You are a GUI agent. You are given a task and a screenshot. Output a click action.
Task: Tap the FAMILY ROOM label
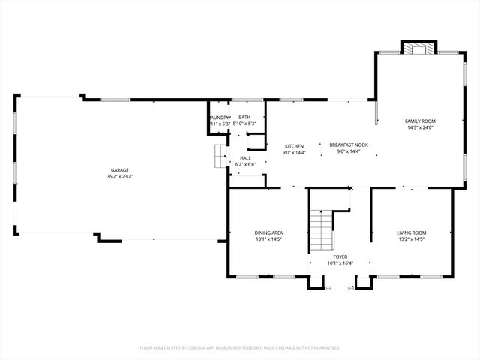click(420, 121)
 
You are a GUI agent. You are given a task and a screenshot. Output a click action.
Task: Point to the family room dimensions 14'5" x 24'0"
click(420, 127)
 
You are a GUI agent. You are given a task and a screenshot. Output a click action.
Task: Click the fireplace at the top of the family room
click(418, 48)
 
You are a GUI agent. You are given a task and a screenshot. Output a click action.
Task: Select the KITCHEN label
click(293, 145)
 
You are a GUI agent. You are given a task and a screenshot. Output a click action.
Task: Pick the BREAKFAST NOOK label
click(349, 145)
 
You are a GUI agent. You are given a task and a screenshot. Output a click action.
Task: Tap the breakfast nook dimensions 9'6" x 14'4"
click(349, 152)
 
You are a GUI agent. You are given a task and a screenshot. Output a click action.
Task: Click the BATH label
click(244, 117)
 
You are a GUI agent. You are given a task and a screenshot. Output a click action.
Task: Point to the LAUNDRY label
click(220, 117)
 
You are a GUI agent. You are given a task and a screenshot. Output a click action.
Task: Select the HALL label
click(245, 157)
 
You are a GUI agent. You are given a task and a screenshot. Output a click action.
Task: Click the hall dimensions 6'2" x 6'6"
click(245, 164)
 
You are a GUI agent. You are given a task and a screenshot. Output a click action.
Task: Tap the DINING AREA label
click(268, 232)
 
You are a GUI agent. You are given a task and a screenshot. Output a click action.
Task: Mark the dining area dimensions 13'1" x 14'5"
click(268, 239)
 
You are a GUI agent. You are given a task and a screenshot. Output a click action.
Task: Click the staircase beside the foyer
click(321, 229)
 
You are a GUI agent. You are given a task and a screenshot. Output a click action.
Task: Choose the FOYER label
click(340, 256)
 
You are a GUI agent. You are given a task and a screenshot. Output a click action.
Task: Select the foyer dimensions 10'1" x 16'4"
click(340, 263)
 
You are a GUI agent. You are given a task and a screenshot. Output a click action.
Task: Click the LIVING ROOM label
click(412, 232)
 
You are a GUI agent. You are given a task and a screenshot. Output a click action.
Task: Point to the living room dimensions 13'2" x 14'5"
click(412, 239)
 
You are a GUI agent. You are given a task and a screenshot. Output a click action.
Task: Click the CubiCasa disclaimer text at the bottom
click(240, 348)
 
